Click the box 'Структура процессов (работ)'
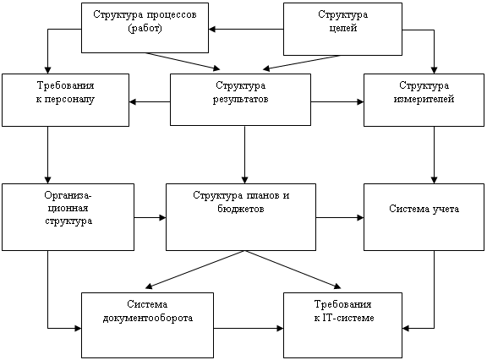tap(145, 28)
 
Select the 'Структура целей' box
tap(343, 30)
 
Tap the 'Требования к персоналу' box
tap(66, 100)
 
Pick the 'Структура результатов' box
tap(240, 100)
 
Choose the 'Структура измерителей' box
tap(424, 100)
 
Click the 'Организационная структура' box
tap(68, 217)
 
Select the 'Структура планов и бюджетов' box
tap(241, 217)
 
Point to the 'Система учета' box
tap(424, 217)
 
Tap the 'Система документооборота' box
tap(147, 325)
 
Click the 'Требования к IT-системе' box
tap(343, 325)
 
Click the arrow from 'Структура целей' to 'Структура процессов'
tap(246, 30)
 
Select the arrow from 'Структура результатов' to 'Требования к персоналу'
tap(150, 101)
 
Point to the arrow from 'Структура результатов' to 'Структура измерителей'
tap(337, 101)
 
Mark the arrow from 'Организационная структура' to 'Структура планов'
tap(150, 217)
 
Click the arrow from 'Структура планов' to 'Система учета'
tap(340, 217)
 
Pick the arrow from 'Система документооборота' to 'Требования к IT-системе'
tap(249, 328)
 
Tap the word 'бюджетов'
tap(241, 209)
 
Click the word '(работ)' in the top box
tap(145, 28)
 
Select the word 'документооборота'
tap(148, 318)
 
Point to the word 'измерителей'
tap(424, 99)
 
